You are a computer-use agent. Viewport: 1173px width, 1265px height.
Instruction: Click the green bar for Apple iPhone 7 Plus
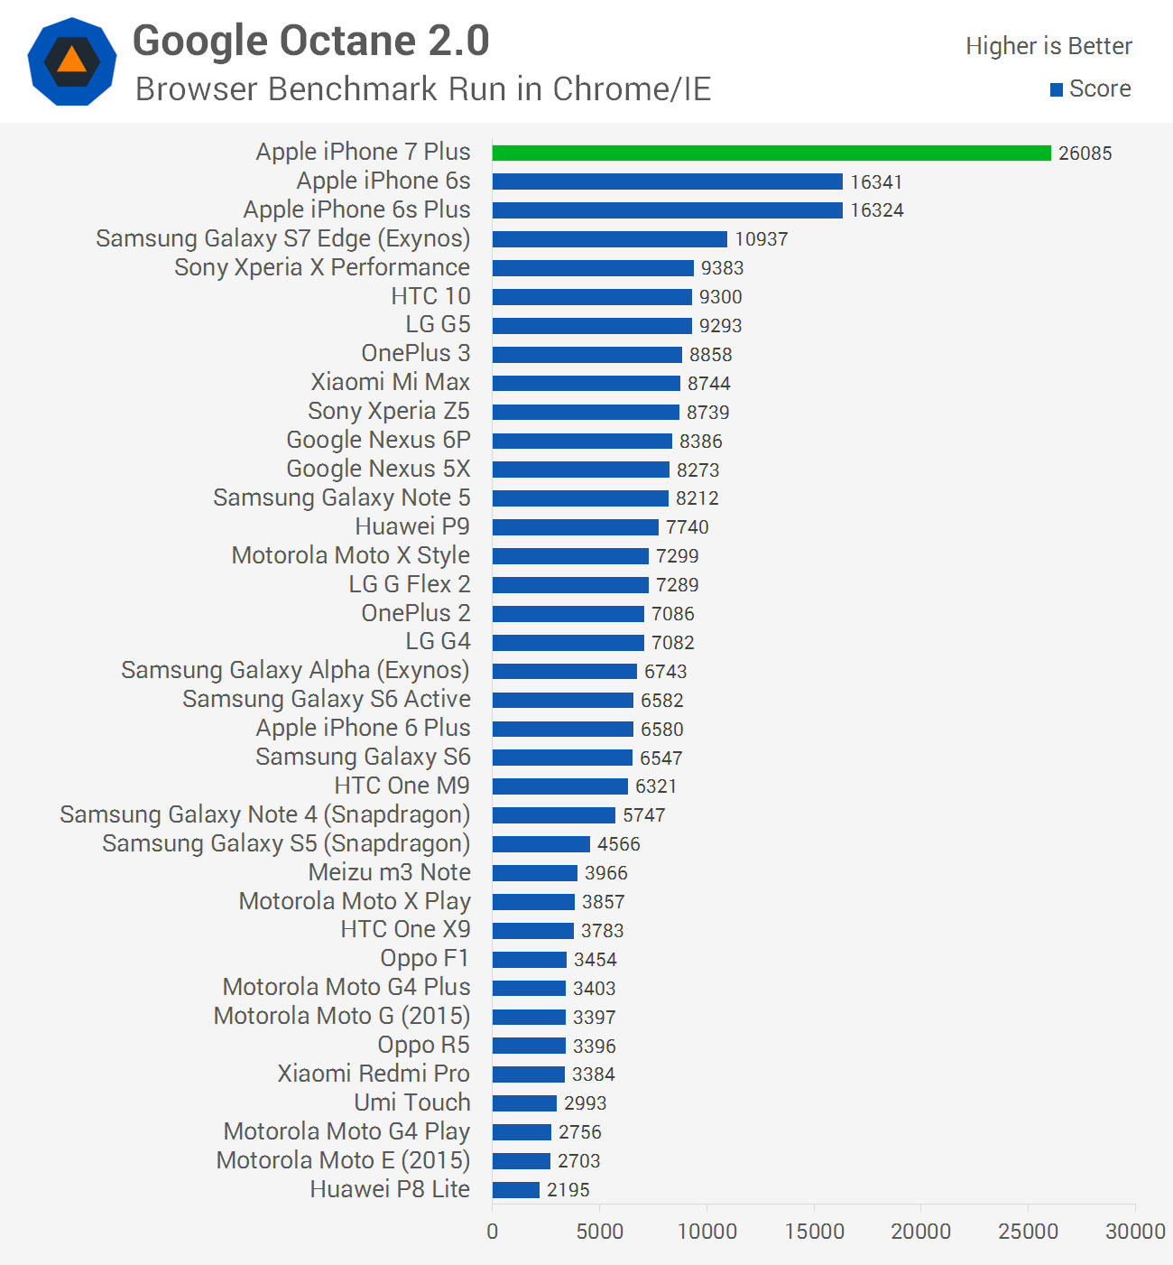point(771,153)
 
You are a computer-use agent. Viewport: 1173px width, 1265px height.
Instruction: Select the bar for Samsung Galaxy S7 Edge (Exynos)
point(610,239)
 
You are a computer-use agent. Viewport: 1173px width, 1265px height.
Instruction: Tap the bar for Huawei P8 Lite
point(516,1190)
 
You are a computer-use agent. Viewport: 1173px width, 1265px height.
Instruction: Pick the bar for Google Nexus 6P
point(582,441)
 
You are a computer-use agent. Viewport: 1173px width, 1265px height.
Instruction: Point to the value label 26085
point(1085,153)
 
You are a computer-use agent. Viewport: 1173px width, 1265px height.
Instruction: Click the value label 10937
point(761,239)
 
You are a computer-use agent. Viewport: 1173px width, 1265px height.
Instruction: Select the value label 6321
point(655,786)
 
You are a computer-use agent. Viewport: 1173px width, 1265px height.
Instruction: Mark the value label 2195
point(568,1190)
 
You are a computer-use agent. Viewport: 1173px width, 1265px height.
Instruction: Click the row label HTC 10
point(430,296)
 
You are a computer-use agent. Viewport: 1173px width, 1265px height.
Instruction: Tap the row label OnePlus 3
point(415,353)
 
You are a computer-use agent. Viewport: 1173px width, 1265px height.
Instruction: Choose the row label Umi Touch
point(411,1102)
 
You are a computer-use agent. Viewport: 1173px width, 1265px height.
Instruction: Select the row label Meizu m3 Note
point(389,872)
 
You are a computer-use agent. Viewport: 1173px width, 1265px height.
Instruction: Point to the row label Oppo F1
point(424,958)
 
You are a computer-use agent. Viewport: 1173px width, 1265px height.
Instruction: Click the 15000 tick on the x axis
point(814,1232)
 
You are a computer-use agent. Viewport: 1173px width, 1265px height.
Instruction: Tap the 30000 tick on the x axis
point(1135,1232)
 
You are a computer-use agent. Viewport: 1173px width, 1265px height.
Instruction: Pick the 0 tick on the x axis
point(492,1232)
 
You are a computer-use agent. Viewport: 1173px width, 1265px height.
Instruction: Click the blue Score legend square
point(1057,89)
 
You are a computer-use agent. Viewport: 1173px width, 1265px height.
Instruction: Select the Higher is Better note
point(1048,46)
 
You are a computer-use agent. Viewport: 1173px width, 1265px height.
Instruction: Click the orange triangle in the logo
point(71,60)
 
